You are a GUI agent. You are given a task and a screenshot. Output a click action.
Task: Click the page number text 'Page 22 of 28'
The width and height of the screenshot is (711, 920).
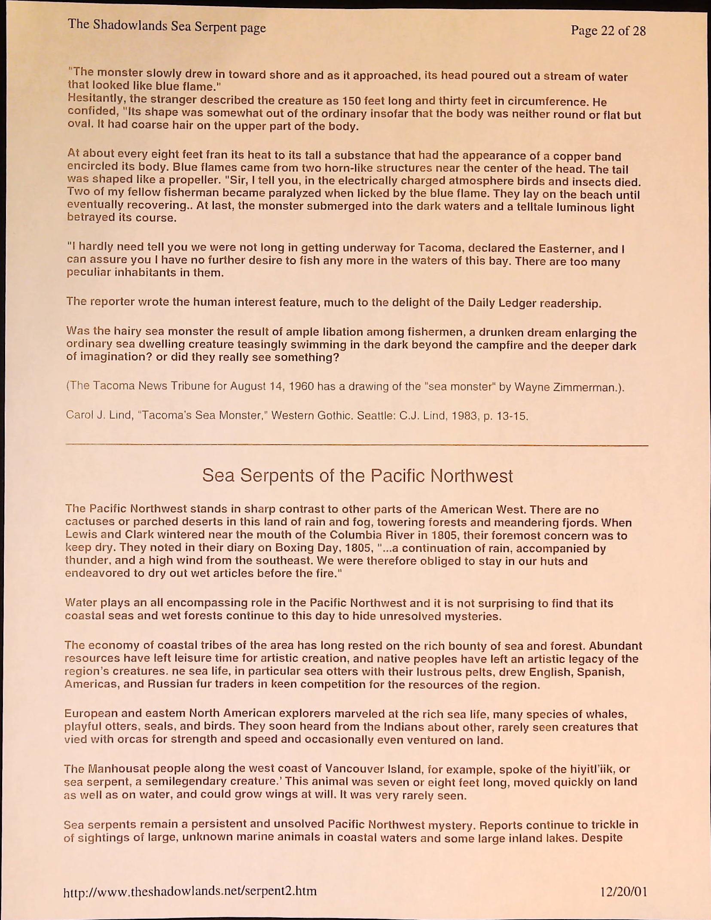click(608, 30)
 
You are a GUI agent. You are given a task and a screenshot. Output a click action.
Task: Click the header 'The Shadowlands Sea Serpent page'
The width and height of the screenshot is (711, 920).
click(167, 26)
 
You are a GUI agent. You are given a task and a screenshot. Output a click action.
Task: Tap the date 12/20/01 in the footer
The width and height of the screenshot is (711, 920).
click(623, 892)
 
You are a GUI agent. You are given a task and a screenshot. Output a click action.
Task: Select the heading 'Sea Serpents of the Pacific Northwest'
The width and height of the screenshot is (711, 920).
click(357, 476)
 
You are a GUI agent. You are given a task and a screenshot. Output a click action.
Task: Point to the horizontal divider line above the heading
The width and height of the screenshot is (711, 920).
click(357, 445)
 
